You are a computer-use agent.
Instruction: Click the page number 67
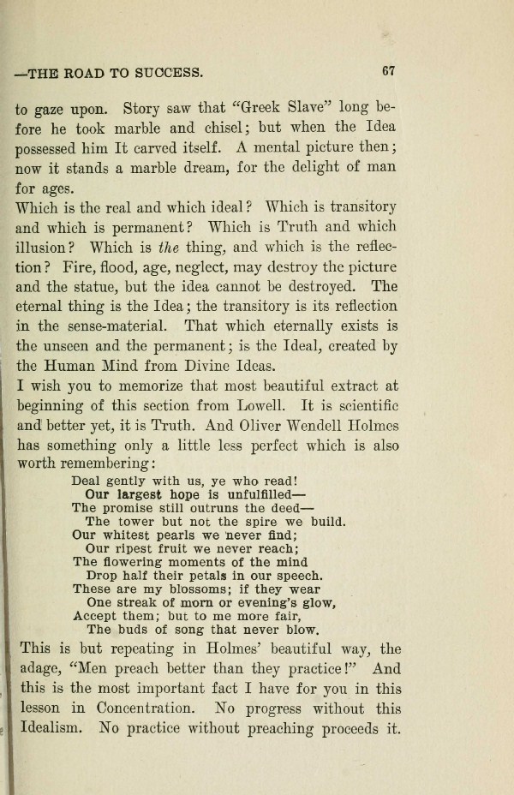[387, 72]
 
